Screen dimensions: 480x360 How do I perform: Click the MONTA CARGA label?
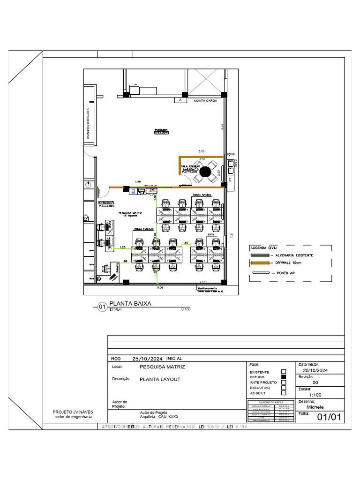pos(205,100)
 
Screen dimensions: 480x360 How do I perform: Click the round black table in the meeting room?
pos(205,172)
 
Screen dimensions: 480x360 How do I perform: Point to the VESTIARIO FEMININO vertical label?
pos(88,124)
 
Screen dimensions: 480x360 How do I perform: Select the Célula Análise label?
pos(202,195)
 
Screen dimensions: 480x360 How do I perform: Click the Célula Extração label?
pos(144,229)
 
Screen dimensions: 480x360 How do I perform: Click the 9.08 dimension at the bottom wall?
pos(160,287)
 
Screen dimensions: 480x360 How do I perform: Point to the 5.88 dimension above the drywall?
pos(138,181)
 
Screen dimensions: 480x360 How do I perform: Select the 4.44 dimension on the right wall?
pos(223,126)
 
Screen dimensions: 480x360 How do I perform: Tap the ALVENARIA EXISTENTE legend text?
pos(294,255)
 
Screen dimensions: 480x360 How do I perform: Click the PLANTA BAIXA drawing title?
pos(130,304)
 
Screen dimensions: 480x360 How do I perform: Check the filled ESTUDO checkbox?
pos(283,376)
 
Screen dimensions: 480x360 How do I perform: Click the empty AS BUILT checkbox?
pos(283,393)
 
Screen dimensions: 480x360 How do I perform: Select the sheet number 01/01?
pos(330,417)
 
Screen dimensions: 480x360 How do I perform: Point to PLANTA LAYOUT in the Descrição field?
pos(160,379)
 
